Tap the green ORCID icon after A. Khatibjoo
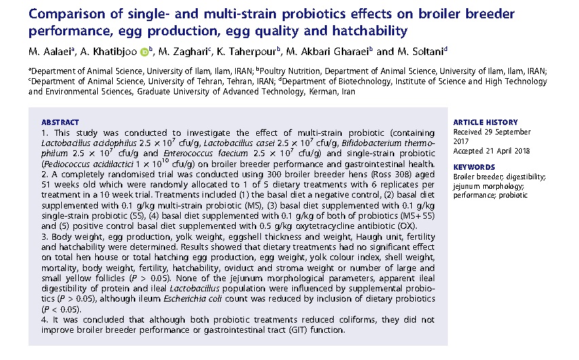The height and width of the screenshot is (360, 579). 144,52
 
